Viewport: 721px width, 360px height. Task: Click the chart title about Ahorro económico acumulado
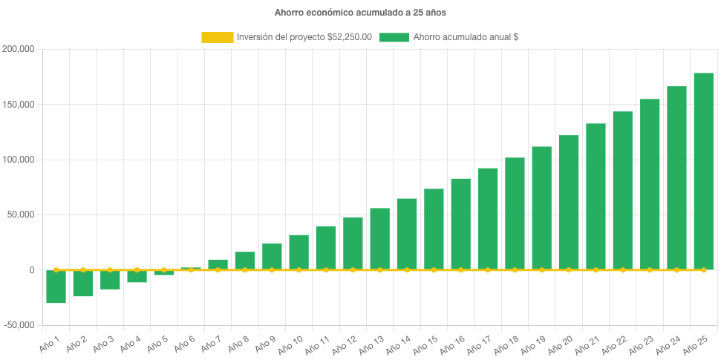pos(360,13)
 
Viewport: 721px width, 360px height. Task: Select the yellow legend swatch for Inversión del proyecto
pos(216,37)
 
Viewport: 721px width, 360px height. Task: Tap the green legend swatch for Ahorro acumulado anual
pos(394,37)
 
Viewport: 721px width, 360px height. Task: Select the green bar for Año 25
pos(703,171)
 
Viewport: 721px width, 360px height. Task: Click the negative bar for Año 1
pos(56,287)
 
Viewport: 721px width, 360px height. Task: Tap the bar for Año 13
pos(379,238)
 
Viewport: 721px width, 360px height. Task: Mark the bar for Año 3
pos(110,280)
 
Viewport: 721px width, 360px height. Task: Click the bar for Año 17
pos(488,218)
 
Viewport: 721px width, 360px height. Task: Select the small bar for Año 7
pos(218,264)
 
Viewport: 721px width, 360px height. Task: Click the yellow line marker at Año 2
pos(82,269)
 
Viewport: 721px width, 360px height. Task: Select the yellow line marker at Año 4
pos(137,269)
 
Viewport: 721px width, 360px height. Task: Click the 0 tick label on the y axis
pos(32,270)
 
